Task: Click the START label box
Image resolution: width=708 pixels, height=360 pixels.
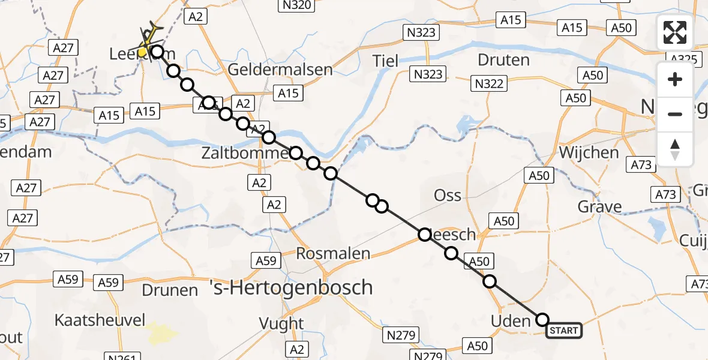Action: point(563,331)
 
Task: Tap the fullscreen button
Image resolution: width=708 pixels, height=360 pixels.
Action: point(675,32)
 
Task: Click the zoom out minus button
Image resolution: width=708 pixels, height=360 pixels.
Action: point(675,114)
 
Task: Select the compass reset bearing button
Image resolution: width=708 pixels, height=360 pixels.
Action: point(675,149)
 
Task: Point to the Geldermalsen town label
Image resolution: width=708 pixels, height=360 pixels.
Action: point(280,69)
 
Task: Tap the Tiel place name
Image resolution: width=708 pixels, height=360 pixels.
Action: point(385,60)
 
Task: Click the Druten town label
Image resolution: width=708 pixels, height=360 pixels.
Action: point(503,60)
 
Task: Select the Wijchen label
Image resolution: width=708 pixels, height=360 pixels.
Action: point(589,152)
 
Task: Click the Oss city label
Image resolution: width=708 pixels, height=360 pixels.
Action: point(448,196)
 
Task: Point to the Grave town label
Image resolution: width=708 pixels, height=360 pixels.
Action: point(599,208)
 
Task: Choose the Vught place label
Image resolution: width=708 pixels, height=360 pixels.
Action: point(281,323)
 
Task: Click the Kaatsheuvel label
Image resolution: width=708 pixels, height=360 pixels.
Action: point(100,320)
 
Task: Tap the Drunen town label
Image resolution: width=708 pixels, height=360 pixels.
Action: point(170,290)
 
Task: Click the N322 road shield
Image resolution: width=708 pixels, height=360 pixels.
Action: point(488,84)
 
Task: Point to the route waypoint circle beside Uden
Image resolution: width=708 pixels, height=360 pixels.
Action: point(542,319)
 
